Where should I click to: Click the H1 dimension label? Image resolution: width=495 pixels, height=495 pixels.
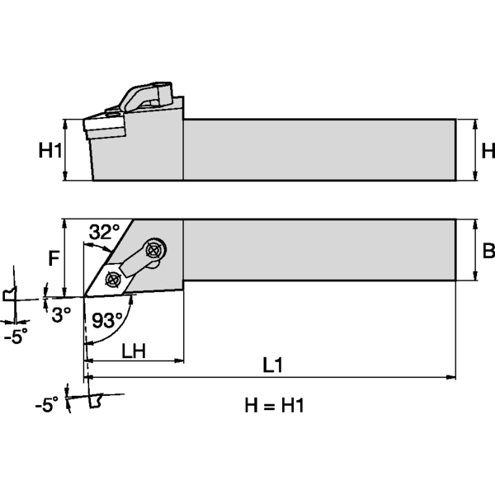51,150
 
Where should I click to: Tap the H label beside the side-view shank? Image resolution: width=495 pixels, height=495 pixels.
487,150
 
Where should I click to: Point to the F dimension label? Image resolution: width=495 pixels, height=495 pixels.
54,258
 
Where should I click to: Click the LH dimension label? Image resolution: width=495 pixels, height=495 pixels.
134,350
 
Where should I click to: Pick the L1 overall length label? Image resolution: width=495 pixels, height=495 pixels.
273,365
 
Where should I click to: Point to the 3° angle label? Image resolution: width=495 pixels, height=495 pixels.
61,314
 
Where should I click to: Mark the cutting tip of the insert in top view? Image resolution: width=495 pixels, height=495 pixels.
85,295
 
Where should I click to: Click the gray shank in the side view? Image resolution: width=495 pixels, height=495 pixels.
318,149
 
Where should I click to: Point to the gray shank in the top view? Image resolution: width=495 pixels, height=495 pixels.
318,251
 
